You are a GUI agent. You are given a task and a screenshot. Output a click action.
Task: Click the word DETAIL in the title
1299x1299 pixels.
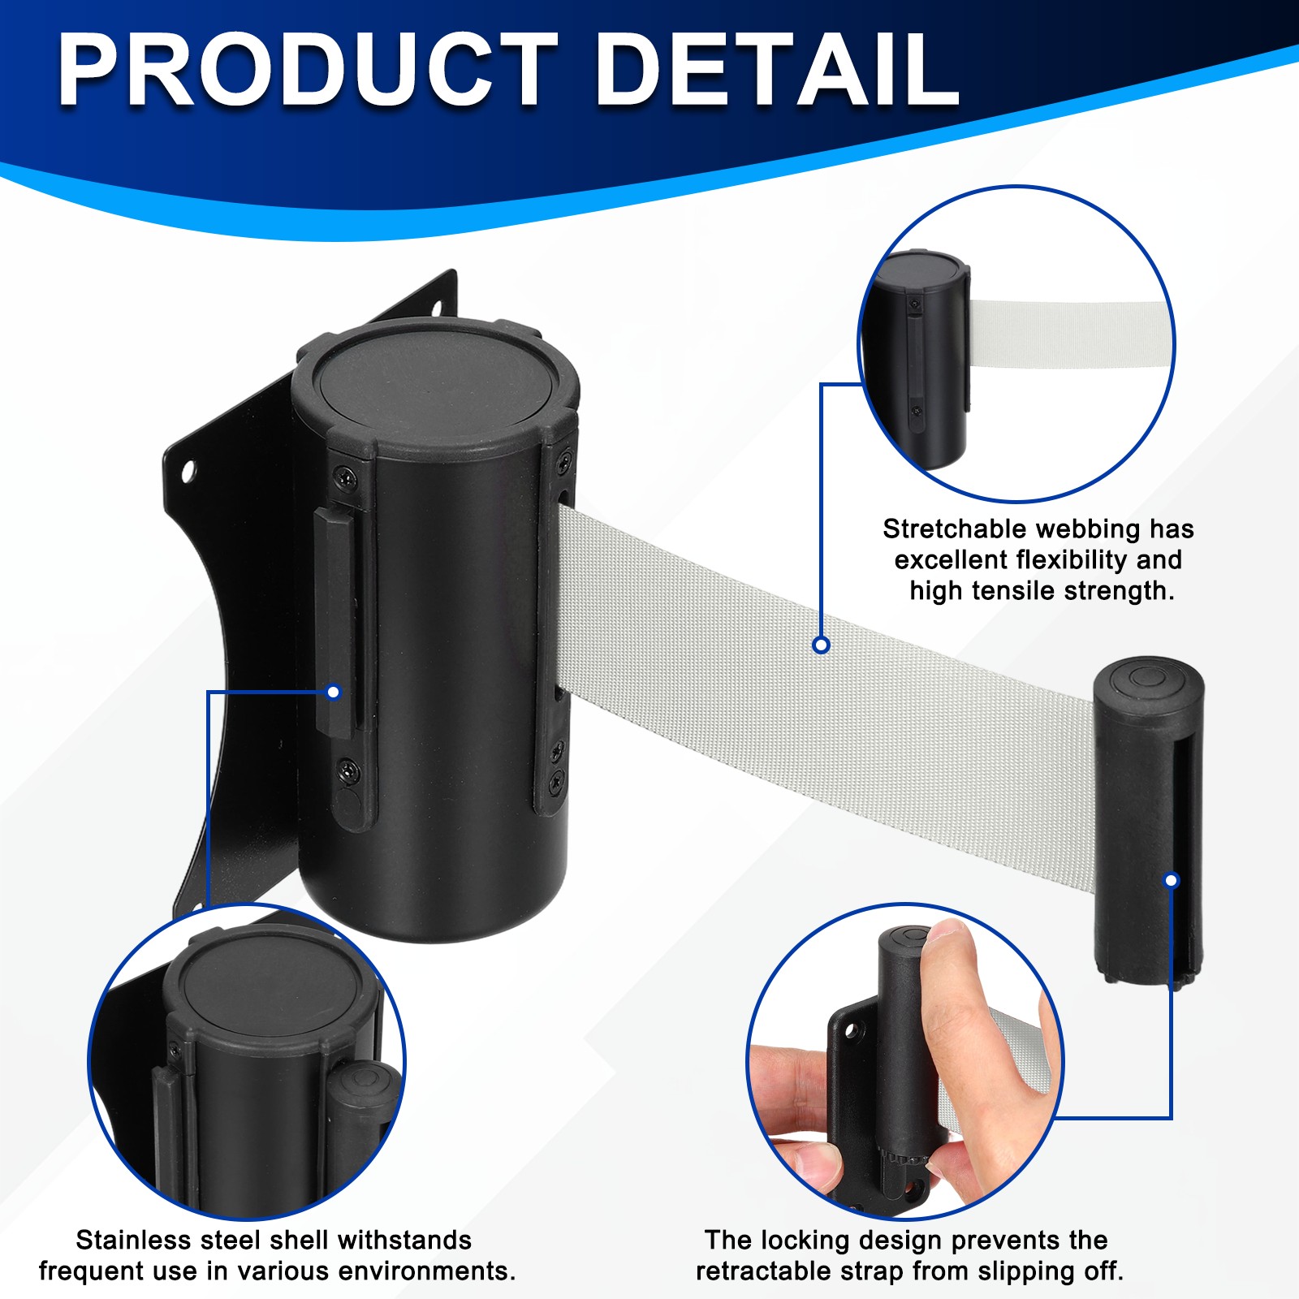pyautogui.click(x=778, y=70)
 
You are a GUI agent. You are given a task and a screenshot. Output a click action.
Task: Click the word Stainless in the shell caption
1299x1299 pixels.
pyautogui.click(x=132, y=1240)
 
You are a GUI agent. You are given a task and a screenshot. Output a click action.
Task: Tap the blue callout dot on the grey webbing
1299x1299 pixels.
pyautogui.click(x=821, y=645)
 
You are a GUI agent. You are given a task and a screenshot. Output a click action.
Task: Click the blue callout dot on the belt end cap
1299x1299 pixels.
pyautogui.click(x=1172, y=880)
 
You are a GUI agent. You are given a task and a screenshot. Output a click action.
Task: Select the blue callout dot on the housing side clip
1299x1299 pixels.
pyautogui.click(x=333, y=693)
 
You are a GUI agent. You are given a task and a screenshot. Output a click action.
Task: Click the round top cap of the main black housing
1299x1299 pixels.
pyautogui.click(x=437, y=382)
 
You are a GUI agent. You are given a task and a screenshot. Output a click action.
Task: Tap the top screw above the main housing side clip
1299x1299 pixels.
pyautogui.click(x=347, y=477)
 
